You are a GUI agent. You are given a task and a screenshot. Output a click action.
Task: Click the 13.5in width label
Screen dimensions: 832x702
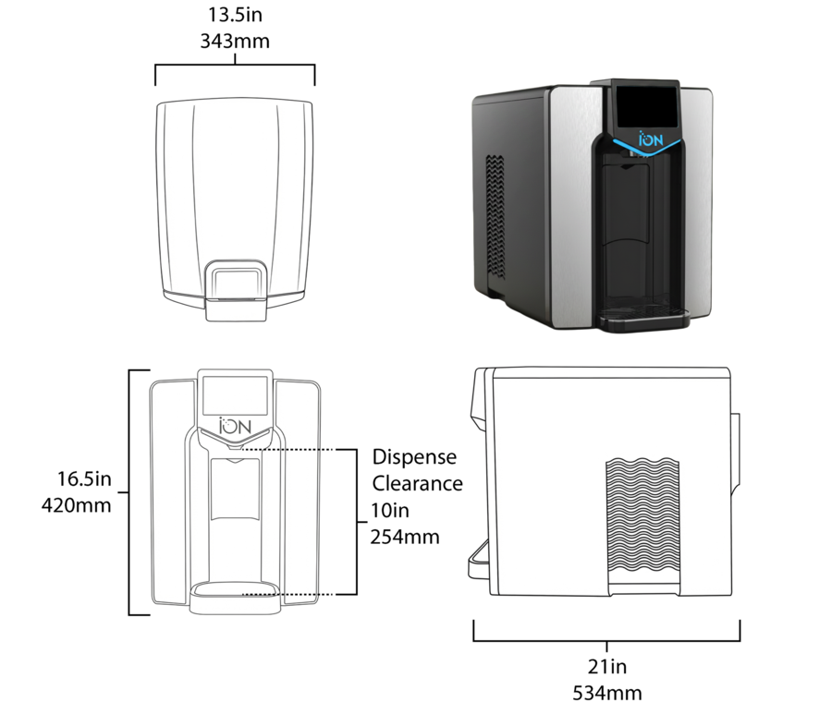click(235, 15)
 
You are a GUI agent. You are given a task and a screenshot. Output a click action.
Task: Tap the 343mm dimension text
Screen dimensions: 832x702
click(235, 41)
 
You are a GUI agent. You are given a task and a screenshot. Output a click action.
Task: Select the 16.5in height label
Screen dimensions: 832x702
click(84, 478)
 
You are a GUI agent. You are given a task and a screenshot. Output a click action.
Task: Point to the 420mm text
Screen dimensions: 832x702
click(77, 505)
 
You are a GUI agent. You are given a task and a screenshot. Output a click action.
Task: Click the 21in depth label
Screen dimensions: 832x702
click(607, 667)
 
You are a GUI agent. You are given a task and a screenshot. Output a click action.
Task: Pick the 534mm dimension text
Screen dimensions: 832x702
click(607, 693)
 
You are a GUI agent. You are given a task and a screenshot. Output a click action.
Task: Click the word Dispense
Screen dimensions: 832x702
click(414, 457)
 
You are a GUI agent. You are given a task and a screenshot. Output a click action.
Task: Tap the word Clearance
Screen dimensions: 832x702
click(417, 484)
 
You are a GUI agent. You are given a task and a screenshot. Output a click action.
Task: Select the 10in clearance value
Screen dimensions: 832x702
click(390, 511)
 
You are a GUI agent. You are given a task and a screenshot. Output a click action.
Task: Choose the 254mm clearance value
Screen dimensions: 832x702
click(405, 537)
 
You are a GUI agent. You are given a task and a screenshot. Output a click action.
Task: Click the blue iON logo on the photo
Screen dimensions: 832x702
click(651, 139)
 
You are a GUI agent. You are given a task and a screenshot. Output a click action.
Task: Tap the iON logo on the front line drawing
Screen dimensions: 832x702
click(235, 426)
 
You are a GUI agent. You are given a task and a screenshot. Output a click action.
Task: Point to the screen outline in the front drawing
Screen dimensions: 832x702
click(235, 395)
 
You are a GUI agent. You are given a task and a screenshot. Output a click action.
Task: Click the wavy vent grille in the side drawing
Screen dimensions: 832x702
click(642, 520)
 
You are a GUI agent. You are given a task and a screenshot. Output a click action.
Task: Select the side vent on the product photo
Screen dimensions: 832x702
click(496, 217)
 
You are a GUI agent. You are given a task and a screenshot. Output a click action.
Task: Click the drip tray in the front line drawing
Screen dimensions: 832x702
click(235, 598)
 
